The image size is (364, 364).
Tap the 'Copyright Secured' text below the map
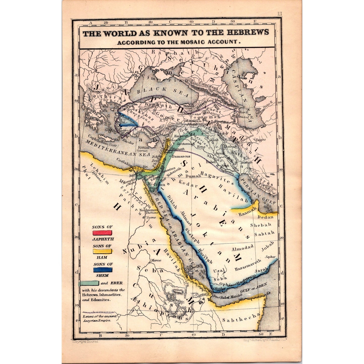tap(85, 342)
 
